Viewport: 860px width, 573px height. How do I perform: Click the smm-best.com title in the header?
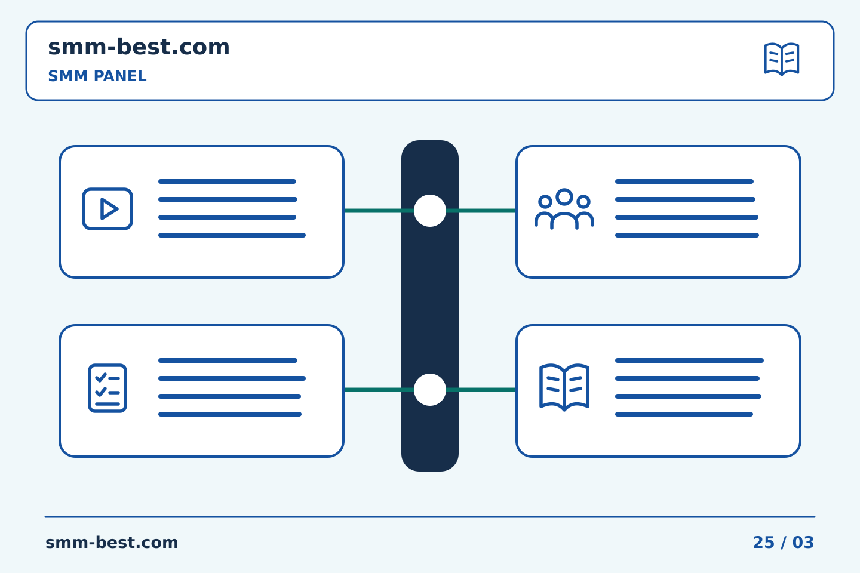tap(139, 47)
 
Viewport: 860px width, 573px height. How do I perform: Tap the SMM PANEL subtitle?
tap(97, 76)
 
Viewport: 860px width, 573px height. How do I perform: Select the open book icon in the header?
tap(782, 59)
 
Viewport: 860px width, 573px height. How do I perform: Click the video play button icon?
tap(107, 209)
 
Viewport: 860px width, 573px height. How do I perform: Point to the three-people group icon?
tap(564, 209)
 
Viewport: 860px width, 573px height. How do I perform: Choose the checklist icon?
tap(107, 388)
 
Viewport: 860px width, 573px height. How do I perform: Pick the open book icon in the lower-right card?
tap(564, 387)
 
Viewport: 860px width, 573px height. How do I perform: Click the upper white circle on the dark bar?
tap(430, 211)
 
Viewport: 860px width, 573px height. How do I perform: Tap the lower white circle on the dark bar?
tap(430, 390)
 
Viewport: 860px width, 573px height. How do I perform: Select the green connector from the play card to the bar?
tap(379, 211)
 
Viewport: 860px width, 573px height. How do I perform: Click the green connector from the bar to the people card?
tap(481, 211)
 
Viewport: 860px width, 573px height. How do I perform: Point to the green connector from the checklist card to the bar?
tap(379, 390)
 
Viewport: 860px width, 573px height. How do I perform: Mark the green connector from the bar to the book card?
tap(481, 390)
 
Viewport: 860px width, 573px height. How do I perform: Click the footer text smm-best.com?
tap(112, 543)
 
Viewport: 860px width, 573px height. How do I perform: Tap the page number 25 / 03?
tap(783, 543)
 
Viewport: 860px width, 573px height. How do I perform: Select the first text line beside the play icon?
tap(228, 181)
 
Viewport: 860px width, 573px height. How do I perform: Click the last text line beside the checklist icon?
tap(230, 414)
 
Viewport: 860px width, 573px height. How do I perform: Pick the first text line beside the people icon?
tap(684, 181)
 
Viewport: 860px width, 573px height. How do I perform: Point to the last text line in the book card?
tap(684, 414)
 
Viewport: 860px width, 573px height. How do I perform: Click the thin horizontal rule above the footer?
tap(430, 517)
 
